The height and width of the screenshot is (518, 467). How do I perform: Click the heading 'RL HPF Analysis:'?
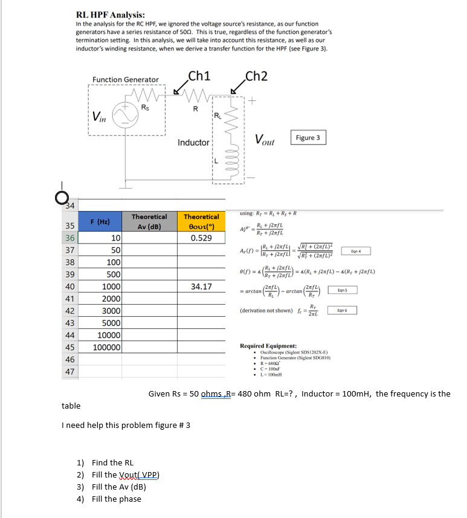[x=110, y=15]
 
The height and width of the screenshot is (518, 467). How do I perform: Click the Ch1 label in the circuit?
[x=199, y=76]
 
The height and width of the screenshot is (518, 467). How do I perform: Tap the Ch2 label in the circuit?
[x=256, y=76]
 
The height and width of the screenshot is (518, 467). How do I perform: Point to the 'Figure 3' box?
[x=308, y=138]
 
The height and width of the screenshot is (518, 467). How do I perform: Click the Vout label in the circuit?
[x=265, y=141]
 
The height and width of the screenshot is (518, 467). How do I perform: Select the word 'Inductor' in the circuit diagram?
[x=193, y=143]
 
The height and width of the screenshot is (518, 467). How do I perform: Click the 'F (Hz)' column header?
[x=100, y=221]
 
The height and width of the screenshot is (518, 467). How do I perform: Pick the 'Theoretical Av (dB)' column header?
[x=149, y=221]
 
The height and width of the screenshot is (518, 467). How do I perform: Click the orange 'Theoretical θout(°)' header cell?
[x=201, y=221]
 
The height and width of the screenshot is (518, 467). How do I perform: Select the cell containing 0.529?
[x=201, y=238]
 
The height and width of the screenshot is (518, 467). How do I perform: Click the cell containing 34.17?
[x=201, y=287]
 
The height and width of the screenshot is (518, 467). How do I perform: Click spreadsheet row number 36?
[x=69, y=238]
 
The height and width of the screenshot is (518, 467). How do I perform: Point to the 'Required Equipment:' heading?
[x=268, y=346]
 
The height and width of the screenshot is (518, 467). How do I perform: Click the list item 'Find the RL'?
[x=112, y=462]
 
